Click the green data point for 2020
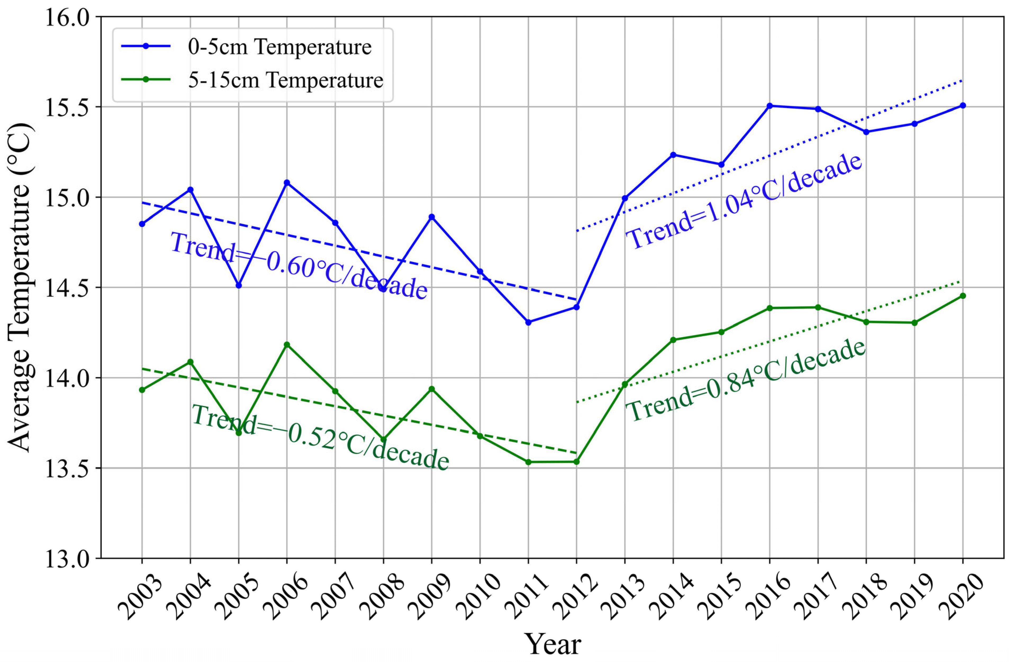tap(963, 296)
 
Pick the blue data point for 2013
tap(625, 198)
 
